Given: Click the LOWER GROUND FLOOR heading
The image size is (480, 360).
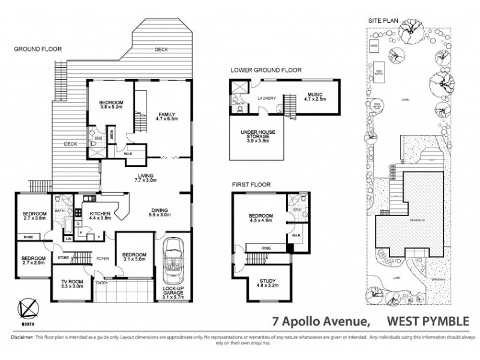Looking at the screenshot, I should (x=266, y=70).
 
